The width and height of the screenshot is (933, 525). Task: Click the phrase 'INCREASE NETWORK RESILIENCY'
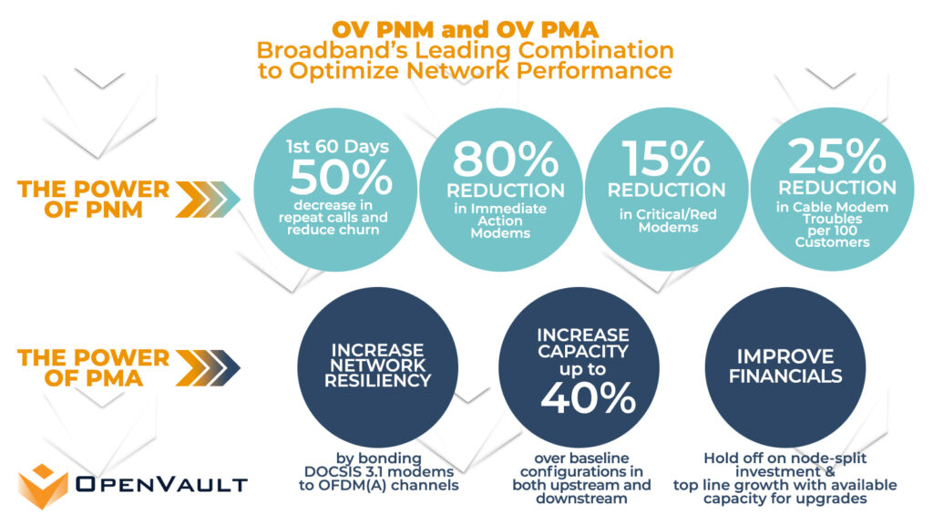[377, 365]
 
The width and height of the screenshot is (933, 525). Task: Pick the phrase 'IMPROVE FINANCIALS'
[784, 365]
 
